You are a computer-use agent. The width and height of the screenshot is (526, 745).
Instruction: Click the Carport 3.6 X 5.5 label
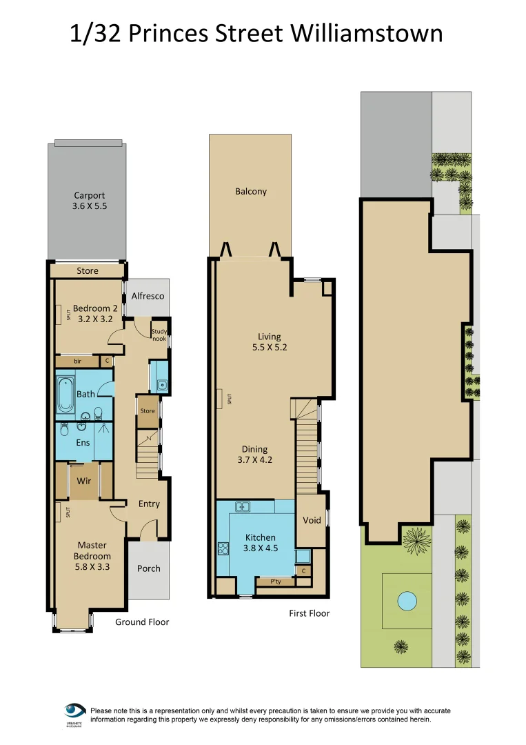pos(90,201)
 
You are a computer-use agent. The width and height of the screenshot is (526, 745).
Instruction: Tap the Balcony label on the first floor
pos(250,192)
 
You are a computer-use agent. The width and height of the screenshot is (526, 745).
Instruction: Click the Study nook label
pos(159,335)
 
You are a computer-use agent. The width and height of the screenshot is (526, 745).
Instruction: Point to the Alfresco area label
pos(148,296)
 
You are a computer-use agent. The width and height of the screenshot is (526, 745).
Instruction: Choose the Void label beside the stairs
pos(312,520)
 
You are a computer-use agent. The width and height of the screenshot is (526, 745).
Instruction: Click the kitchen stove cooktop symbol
pos(224,549)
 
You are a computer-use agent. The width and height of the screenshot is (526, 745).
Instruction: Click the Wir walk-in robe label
pos(84,480)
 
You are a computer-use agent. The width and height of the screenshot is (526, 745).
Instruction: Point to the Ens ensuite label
pos(82,442)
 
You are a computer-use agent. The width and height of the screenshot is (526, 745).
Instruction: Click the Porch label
pos(148,568)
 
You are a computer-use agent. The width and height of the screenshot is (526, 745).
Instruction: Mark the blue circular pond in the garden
pos(407,601)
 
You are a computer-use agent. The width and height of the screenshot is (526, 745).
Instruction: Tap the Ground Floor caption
pos(141,622)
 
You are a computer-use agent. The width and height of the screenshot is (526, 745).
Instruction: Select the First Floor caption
pos(309,613)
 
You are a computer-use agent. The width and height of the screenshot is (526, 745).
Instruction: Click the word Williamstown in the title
pos(367,33)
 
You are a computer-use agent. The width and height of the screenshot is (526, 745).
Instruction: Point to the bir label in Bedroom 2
pos(77,361)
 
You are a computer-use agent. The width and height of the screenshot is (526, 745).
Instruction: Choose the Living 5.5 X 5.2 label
pos(269,342)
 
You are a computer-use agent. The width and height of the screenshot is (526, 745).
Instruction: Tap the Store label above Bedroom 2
pos(88,271)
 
